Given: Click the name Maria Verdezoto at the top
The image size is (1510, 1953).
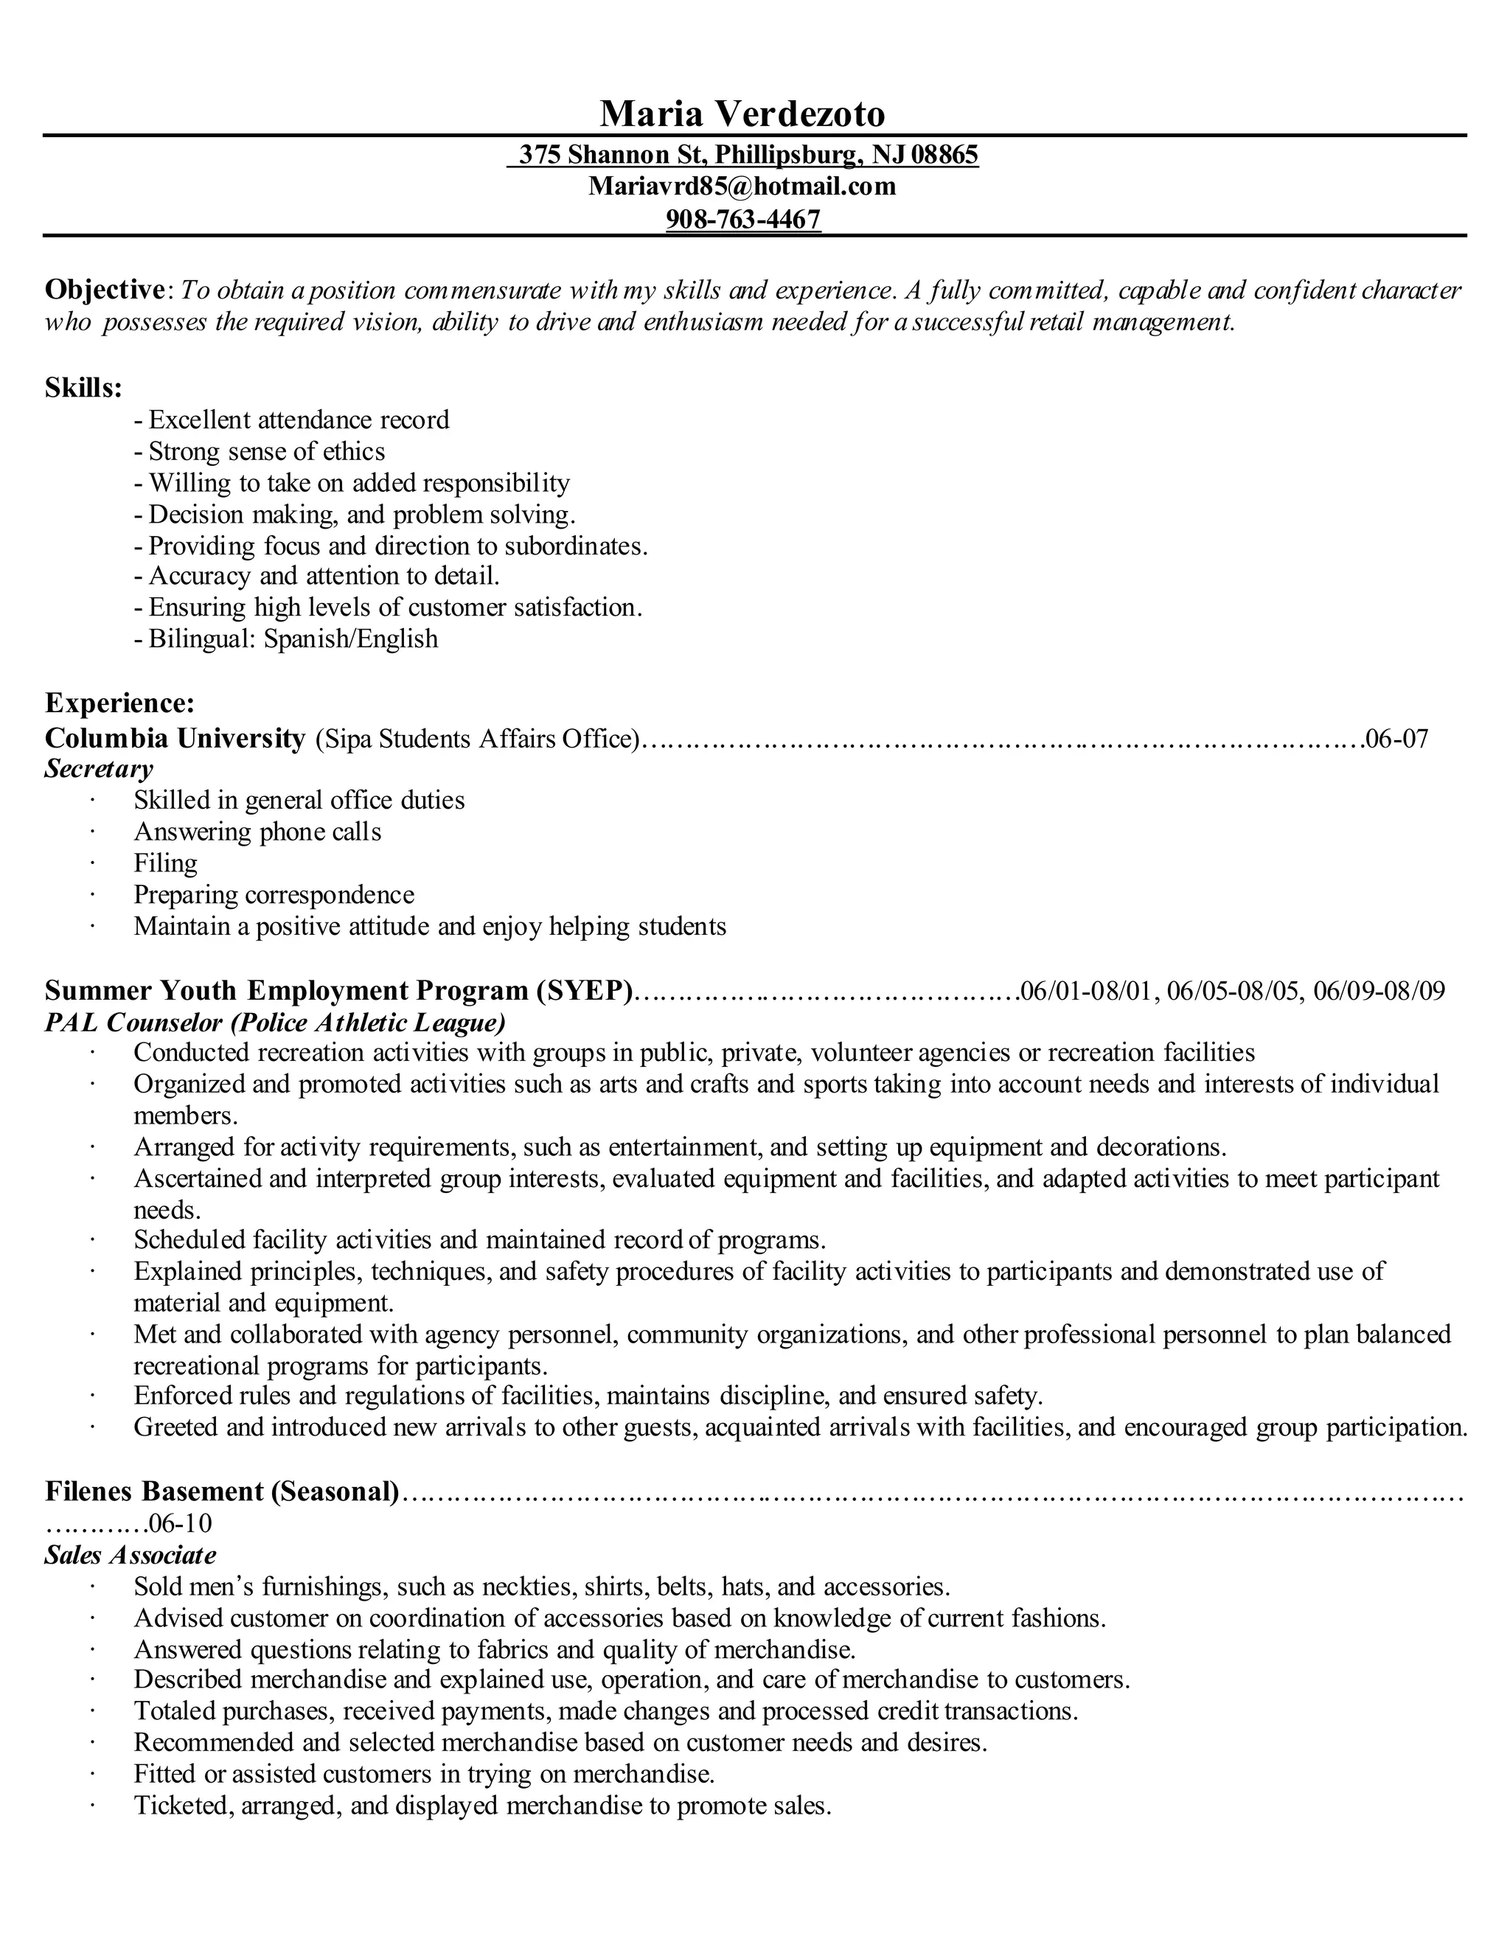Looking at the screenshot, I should pos(742,114).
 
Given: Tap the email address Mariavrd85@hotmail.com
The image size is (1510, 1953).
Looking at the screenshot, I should pos(742,186).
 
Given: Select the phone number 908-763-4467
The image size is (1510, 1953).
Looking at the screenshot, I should pos(742,219).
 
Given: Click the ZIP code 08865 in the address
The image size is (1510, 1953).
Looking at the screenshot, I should pos(944,155).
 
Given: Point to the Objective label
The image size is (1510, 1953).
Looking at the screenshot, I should pos(104,290).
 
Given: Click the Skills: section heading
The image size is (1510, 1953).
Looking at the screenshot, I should pos(83,388).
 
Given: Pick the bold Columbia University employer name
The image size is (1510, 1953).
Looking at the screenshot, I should pos(175,739).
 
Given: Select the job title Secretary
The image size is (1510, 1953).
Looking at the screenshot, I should pos(98,769).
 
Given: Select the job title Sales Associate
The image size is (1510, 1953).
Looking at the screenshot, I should pos(131,1555).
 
